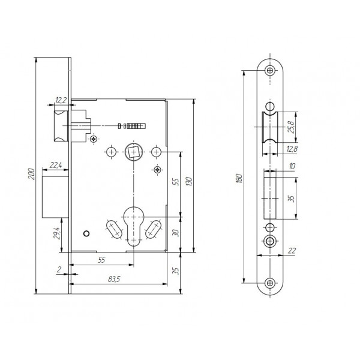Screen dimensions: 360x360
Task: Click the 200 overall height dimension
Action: click(31, 174)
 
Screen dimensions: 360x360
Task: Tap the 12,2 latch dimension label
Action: click(61, 100)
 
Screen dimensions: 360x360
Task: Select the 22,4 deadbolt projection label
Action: click(56, 165)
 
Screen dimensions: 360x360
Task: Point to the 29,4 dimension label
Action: click(56, 233)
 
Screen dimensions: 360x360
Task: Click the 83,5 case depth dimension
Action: click(114, 279)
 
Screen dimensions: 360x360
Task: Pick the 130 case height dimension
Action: click(189, 181)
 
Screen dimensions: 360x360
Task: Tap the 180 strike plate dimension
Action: click(239, 178)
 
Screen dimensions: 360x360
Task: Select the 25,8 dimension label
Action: click(291, 127)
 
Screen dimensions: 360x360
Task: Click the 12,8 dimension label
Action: click(292, 149)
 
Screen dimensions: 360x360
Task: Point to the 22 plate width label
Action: click(292, 250)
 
